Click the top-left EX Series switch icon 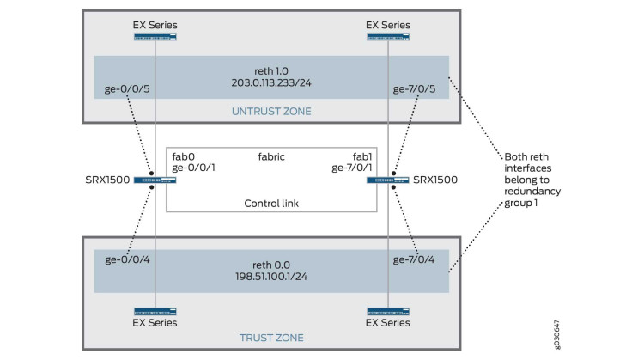[155, 37]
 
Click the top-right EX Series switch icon [387, 37]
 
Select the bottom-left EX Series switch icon [155, 312]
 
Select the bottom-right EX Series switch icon [387, 312]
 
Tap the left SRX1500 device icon [155, 180]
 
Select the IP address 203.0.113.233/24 [271, 83]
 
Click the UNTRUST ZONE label [271, 112]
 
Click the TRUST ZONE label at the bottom [271, 338]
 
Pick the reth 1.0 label [271, 69]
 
